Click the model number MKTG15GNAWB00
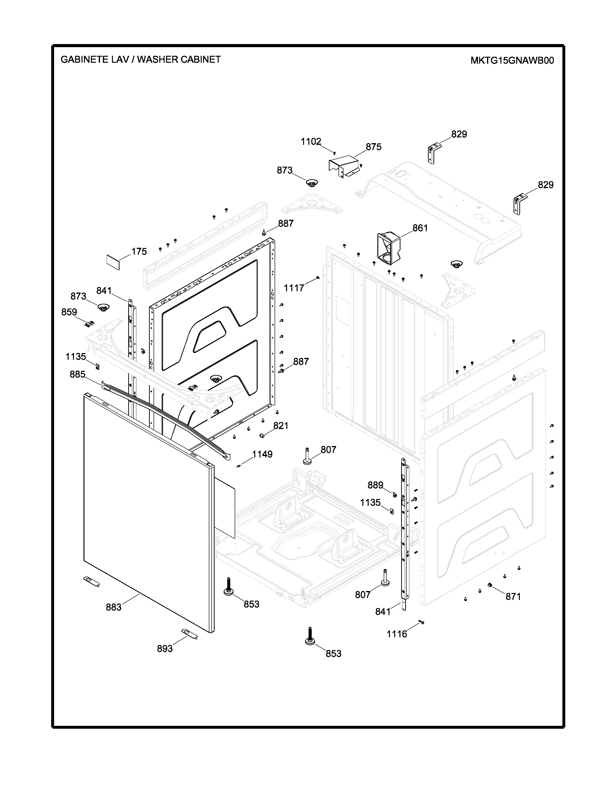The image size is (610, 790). (x=512, y=60)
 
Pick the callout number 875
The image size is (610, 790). (x=373, y=147)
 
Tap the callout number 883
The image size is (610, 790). (x=113, y=607)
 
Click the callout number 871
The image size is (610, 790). (x=513, y=597)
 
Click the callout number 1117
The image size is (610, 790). (x=294, y=288)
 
